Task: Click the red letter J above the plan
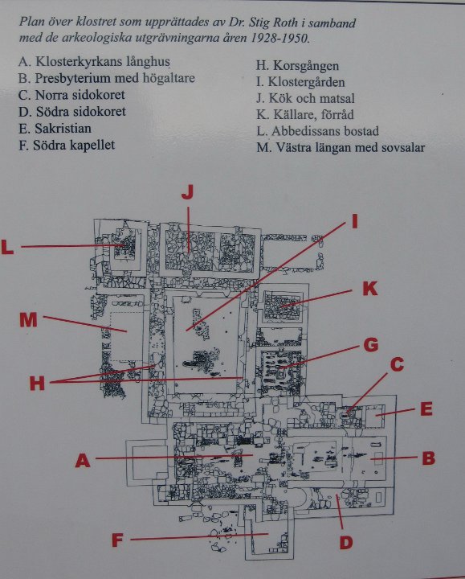[188, 192]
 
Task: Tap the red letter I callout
[355, 222]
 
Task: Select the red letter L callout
[7, 247]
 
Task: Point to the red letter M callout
[28, 320]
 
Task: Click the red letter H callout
[37, 384]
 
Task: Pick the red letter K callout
[370, 289]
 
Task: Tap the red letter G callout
[371, 345]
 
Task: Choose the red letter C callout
[398, 364]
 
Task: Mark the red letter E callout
[426, 409]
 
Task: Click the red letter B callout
[429, 458]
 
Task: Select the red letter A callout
[83, 461]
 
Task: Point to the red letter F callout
[117, 540]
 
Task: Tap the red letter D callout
[346, 543]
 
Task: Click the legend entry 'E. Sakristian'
[55, 129]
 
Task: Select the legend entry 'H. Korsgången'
[297, 66]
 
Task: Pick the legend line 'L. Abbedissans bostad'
[317, 131]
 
